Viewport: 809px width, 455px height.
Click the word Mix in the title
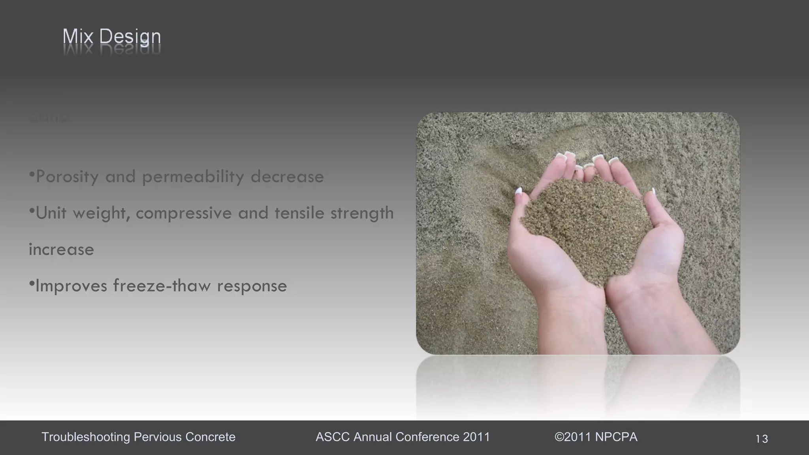(78, 37)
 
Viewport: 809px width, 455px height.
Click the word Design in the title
(130, 37)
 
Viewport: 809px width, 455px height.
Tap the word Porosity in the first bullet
(67, 177)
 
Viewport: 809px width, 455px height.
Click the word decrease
(287, 177)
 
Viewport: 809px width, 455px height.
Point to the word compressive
(184, 213)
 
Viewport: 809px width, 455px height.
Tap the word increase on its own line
(62, 250)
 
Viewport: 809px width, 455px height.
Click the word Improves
(71, 286)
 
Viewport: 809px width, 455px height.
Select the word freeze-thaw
(162, 286)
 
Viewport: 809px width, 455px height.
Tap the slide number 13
(762, 439)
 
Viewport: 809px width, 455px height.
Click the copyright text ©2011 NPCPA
(596, 437)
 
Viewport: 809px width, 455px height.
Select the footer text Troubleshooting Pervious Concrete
(138, 437)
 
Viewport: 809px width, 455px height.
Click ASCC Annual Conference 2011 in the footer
(403, 437)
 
